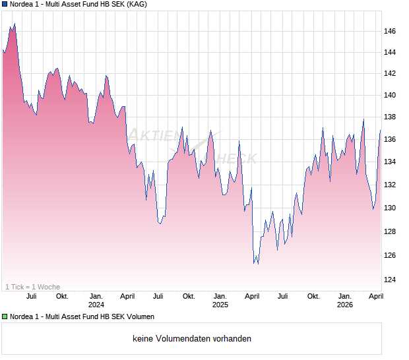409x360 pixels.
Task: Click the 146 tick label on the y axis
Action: click(391, 31)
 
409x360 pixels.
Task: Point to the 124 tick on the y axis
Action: click(391, 280)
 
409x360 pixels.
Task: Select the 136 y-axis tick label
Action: click(391, 140)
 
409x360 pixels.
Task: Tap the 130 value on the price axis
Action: click(391, 208)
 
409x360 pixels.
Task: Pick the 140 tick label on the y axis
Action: click(391, 95)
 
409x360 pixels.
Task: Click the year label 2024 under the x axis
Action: click(96, 305)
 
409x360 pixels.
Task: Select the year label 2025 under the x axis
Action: click(220, 305)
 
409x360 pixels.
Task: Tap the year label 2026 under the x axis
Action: click(345, 305)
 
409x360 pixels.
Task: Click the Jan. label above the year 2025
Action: click(220, 296)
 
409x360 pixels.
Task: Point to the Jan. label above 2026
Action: click(345, 296)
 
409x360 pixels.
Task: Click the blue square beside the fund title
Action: click(5, 5)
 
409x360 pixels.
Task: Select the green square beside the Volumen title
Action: click(5, 317)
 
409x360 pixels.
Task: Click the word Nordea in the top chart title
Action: click(22, 5)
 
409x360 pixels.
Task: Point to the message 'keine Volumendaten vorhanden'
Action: click(192, 339)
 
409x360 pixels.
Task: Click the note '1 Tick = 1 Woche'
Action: click(32, 287)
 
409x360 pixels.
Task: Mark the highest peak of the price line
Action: click(15, 24)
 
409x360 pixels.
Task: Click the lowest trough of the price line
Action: click(257, 264)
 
